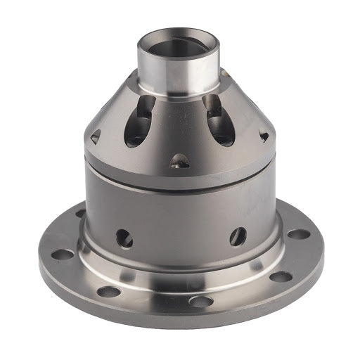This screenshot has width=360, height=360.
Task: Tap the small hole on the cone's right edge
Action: tap(264, 136)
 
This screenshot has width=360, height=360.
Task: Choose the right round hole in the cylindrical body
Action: tap(238, 236)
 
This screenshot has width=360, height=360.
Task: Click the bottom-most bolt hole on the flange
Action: tap(201, 301)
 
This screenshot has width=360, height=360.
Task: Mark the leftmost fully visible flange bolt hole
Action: tap(62, 254)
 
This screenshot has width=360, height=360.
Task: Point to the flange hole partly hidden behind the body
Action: tap(80, 214)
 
